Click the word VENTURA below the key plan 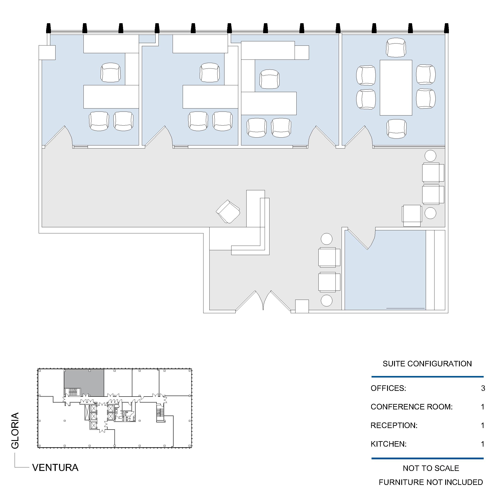[x=55, y=467]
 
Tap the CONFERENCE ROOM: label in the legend [x=412, y=407]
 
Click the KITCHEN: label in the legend [x=389, y=444]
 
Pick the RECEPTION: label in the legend [x=394, y=425]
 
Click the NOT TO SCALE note [x=431, y=468]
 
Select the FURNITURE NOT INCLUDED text [x=431, y=482]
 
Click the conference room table [x=396, y=87]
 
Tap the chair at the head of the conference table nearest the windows [x=396, y=48]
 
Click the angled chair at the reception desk [x=228, y=212]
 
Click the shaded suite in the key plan [x=84, y=383]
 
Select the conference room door [x=357, y=137]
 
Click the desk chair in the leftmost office [x=111, y=73]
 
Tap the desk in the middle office [x=210, y=97]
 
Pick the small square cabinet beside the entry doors [x=302, y=306]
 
